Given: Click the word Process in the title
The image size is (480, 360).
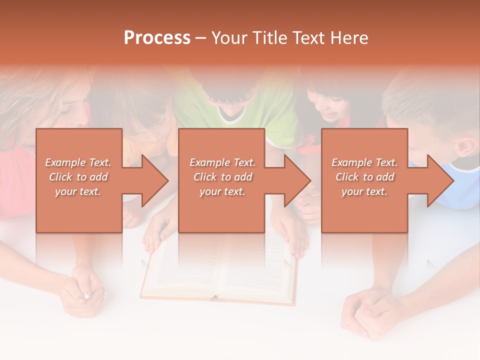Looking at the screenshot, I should point(157,38).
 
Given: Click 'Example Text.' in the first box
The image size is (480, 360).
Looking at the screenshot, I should point(78,162).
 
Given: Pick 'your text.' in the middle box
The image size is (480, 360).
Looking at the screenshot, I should point(222,191).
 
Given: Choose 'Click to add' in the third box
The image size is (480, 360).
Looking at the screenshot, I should point(364,177).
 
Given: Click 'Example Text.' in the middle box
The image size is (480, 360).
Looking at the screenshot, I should point(222,162).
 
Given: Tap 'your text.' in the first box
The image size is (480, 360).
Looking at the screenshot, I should point(78,191).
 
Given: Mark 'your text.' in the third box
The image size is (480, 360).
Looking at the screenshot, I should point(364,191).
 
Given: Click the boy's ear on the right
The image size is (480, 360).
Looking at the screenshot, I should point(467,146).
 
